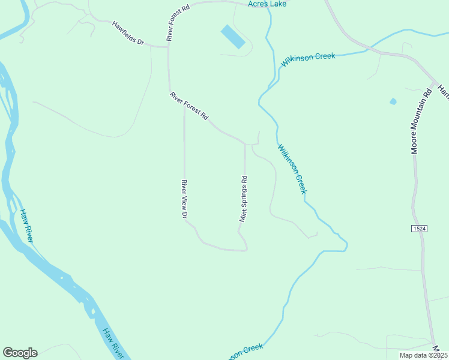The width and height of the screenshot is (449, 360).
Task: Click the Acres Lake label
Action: click(x=267, y=4)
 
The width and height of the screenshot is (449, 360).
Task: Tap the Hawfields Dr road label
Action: click(x=128, y=34)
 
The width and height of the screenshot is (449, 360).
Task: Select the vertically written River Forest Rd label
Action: click(x=170, y=23)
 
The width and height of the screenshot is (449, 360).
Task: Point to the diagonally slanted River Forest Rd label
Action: click(x=188, y=105)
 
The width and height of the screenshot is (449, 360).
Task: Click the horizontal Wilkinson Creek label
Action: click(x=307, y=59)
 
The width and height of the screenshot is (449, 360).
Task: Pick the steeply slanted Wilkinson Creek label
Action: click(x=292, y=168)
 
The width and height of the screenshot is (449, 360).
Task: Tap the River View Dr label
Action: click(x=185, y=199)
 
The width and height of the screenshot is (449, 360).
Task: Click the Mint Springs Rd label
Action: click(x=244, y=199)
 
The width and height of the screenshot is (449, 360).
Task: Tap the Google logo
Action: click(x=20, y=353)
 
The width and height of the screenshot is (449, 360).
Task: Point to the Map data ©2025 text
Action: click(x=423, y=355)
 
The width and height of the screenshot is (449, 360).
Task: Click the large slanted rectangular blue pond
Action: click(x=233, y=37)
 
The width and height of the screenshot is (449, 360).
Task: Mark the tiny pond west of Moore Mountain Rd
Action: click(x=393, y=101)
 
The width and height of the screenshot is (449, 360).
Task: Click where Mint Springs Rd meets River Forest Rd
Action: click(x=244, y=144)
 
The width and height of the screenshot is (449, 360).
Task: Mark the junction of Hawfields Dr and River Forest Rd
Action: click(x=168, y=46)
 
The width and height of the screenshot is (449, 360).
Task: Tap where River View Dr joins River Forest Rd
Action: click(x=184, y=106)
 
